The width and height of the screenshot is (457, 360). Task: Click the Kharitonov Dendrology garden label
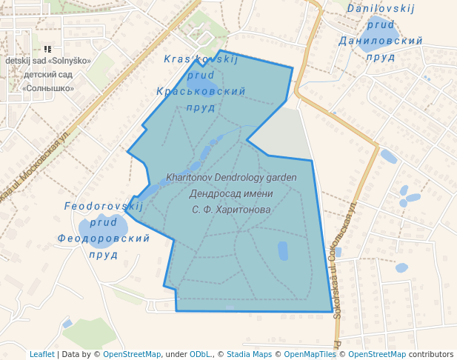coord(231,178)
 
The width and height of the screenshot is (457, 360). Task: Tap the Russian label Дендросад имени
coord(231,194)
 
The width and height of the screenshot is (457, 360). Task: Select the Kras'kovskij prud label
coord(201,59)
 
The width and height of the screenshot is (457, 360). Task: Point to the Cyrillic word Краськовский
coord(201,91)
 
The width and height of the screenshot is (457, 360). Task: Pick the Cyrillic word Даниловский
coord(380,40)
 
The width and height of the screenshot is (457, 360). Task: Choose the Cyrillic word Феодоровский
coord(103,239)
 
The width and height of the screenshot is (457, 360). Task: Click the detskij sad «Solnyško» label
coord(48,61)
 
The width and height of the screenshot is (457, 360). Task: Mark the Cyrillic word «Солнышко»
coord(48,88)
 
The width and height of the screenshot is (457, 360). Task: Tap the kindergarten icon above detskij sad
coord(48,49)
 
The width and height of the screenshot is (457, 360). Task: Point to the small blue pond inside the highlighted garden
coord(283,250)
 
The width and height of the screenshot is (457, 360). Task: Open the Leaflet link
coord(41,354)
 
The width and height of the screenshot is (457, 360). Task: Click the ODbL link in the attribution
coord(200,354)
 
